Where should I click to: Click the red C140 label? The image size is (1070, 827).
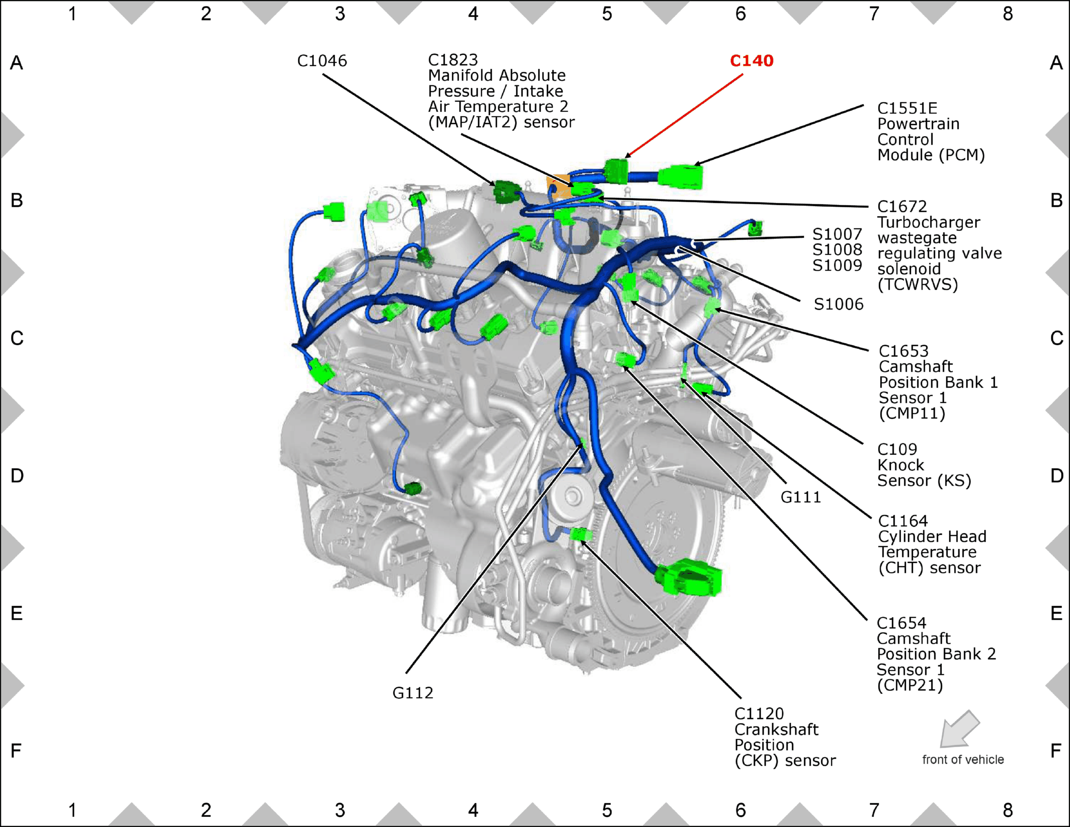click(x=752, y=61)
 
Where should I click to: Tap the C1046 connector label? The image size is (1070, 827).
click(x=322, y=61)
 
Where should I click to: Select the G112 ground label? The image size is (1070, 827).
click(x=412, y=693)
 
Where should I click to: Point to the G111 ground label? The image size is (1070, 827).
click(x=801, y=497)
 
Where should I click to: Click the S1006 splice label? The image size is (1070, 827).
click(x=838, y=304)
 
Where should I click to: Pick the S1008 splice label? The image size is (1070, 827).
click(x=837, y=250)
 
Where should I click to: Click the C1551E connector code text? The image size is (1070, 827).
click(x=907, y=108)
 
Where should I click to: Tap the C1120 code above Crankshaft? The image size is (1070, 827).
click(x=759, y=714)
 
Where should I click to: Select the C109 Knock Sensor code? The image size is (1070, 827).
click(x=897, y=449)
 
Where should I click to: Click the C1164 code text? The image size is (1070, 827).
click(x=903, y=521)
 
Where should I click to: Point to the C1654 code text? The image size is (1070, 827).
click(x=901, y=623)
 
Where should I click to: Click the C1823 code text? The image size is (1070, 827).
click(x=453, y=60)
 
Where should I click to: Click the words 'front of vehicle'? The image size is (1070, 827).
click(x=963, y=760)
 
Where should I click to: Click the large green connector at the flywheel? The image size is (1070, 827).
click(x=689, y=578)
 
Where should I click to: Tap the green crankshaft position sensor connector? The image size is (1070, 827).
click(x=581, y=534)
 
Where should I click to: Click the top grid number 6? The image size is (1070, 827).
click(x=740, y=14)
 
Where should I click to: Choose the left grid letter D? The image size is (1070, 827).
click(x=17, y=476)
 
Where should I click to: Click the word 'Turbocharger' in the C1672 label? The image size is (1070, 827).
click(x=929, y=222)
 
